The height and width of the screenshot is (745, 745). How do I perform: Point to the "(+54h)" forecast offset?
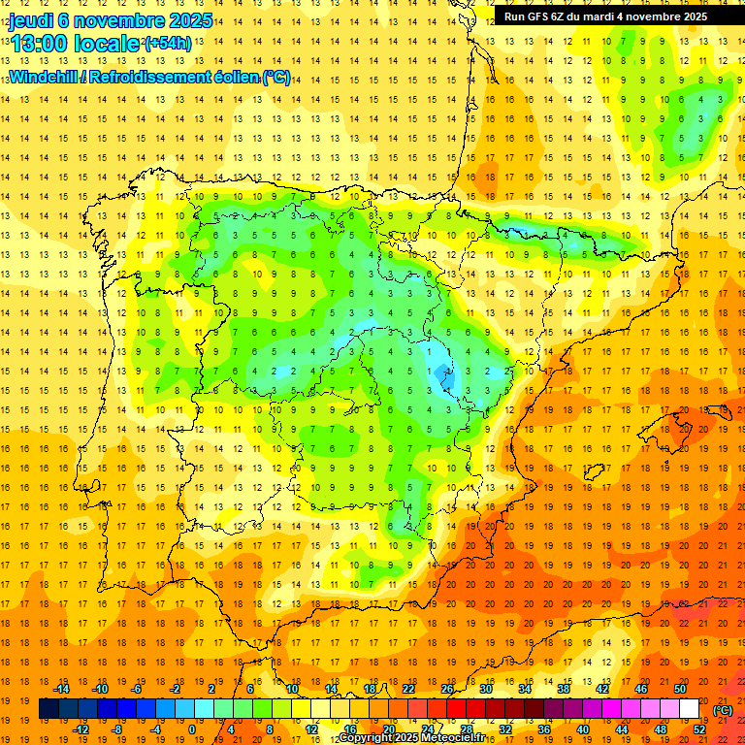tap(168, 44)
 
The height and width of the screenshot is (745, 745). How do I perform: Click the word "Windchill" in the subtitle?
tap(42, 77)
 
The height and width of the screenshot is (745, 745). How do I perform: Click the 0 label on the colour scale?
tap(191, 729)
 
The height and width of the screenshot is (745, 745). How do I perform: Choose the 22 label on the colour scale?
tap(407, 689)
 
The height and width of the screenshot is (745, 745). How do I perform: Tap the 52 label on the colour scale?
tap(699, 729)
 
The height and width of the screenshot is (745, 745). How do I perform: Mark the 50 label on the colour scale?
tap(680, 689)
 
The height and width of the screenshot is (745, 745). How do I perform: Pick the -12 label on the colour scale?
tap(81, 729)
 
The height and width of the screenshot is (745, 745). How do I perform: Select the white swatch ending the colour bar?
tap(689, 709)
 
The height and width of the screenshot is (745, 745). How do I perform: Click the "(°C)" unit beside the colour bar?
tap(723, 710)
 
